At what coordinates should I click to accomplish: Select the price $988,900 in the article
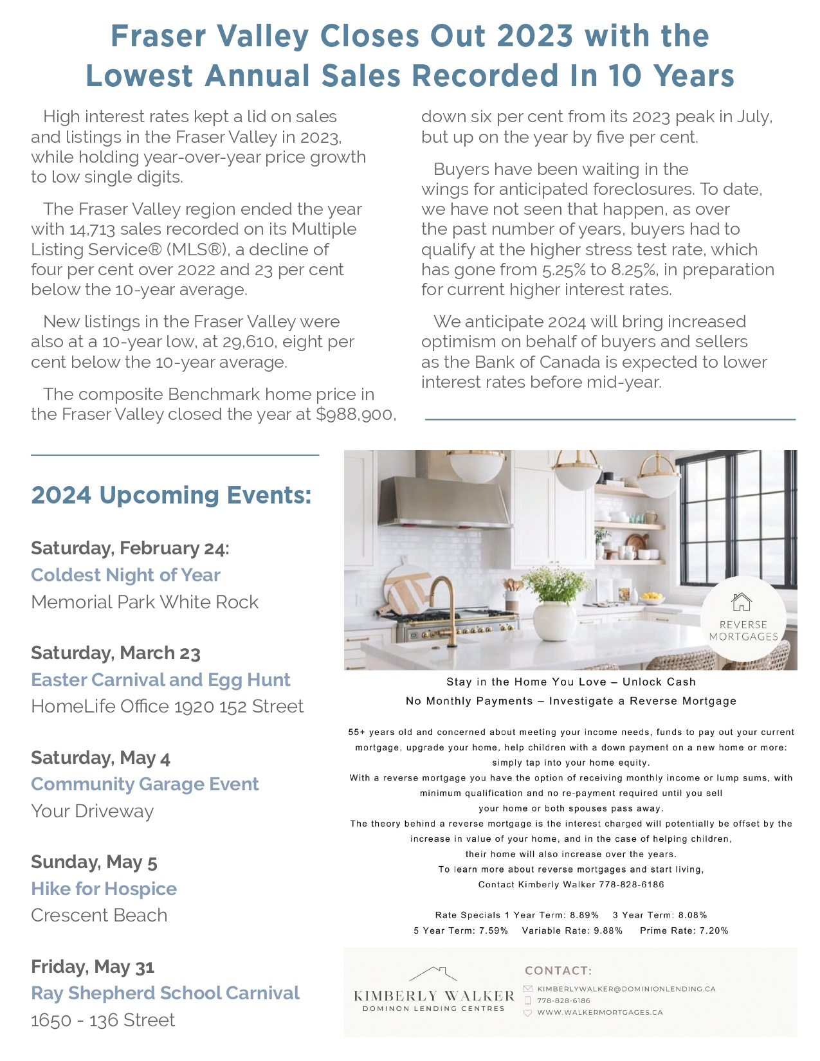(x=355, y=415)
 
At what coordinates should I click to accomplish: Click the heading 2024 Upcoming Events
(x=171, y=495)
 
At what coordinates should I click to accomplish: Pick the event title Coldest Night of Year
(x=125, y=575)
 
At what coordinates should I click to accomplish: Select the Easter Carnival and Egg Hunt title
(x=160, y=680)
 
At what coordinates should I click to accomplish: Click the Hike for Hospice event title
(x=104, y=889)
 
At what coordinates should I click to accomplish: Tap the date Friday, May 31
(x=93, y=967)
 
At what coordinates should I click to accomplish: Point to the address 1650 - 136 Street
(x=103, y=1020)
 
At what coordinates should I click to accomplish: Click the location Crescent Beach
(x=99, y=915)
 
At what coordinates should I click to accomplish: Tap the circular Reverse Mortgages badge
(x=743, y=619)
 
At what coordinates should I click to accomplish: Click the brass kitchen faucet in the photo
(x=444, y=608)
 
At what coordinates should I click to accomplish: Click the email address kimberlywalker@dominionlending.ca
(x=626, y=989)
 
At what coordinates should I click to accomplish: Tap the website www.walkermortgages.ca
(x=599, y=1012)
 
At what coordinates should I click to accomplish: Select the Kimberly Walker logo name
(x=434, y=996)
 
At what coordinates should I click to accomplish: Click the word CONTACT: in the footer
(x=558, y=971)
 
